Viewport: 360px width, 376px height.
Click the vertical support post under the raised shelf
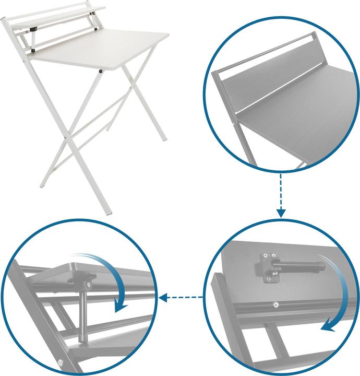tap(83, 313)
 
